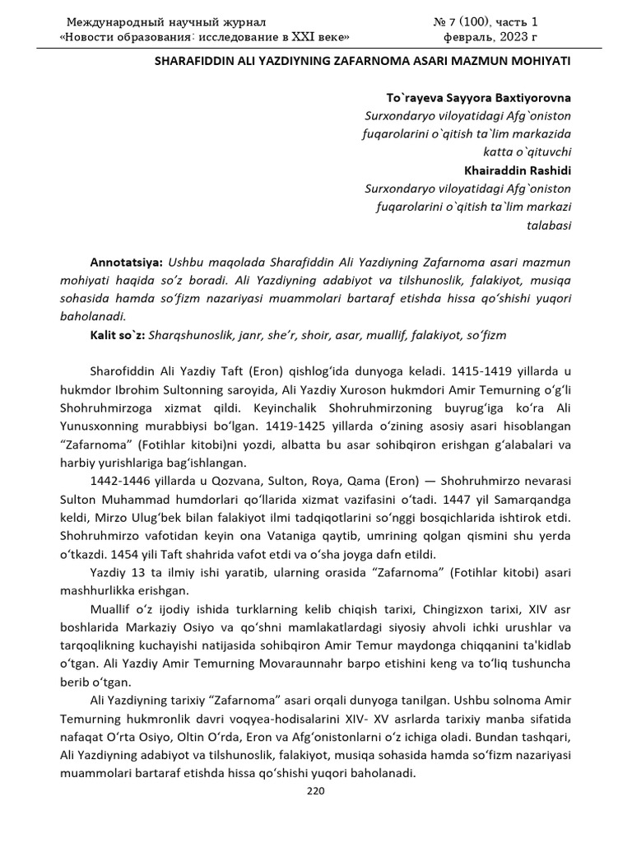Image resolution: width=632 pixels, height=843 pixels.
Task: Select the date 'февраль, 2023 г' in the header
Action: [x=492, y=37]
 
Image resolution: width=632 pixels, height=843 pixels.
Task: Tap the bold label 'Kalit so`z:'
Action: [x=118, y=335]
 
